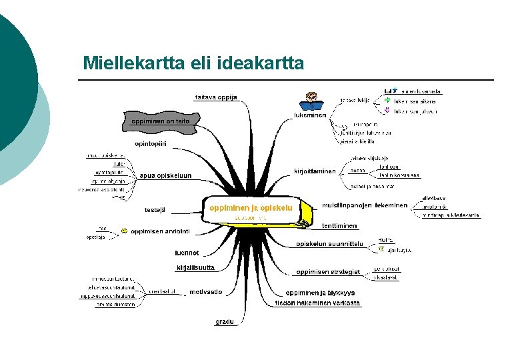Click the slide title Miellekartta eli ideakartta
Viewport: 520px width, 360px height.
point(193,63)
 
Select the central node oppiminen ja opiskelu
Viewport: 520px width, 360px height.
point(251,208)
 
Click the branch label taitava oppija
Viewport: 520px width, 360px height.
point(215,97)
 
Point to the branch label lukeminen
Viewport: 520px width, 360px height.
point(310,115)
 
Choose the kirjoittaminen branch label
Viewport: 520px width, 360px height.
point(315,171)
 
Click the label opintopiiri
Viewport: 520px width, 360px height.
point(151,144)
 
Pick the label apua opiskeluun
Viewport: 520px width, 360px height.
point(165,176)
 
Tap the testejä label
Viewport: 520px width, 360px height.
point(155,210)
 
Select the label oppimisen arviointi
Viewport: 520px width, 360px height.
point(161,231)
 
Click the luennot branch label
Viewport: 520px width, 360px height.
point(187,253)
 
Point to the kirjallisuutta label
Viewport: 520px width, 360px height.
point(195,268)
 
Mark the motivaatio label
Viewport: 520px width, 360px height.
point(205,292)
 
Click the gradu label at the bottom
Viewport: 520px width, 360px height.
point(225,322)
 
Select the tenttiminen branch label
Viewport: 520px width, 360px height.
point(339,226)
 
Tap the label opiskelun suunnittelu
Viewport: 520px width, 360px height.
point(329,244)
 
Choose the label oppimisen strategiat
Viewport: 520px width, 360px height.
point(328,272)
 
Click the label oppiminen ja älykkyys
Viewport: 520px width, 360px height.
point(320,293)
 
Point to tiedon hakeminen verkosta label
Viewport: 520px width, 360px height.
point(317,303)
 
